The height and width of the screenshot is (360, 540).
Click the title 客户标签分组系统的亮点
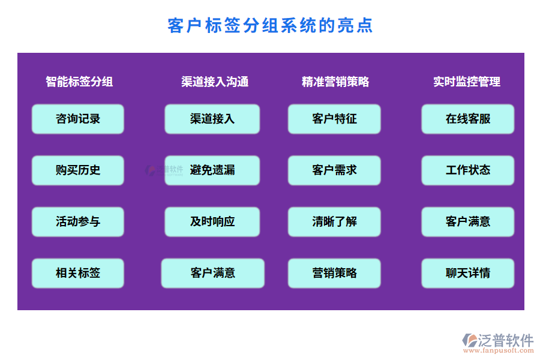[x=270, y=26]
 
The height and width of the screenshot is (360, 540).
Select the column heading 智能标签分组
[x=79, y=82]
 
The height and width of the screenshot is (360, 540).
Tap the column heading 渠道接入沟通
[x=215, y=82]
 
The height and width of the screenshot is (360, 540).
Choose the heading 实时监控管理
[x=467, y=82]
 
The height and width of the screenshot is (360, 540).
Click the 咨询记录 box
[x=78, y=119]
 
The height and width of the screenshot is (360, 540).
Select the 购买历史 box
[x=78, y=170]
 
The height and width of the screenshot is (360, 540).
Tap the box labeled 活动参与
[x=78, y=221]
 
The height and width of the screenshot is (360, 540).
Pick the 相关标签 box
[x=78, y=273]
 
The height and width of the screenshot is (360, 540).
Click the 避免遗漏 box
[x=212, y=170]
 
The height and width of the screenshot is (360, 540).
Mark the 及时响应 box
[x=212, y=221]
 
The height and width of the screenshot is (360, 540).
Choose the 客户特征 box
[x=334, y=119]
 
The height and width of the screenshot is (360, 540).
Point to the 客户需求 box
[x=334, y=170]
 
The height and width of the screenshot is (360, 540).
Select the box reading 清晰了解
[x=334, y=221]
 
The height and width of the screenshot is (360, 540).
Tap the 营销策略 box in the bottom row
[x=334, y=273]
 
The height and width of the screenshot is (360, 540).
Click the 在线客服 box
[x=468, y=119]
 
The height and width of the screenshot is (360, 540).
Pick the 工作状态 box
[x=468, y=170]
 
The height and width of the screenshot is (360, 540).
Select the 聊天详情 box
[x=468, y=273]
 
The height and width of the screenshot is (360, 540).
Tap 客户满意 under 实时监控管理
[x=468, y=221]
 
